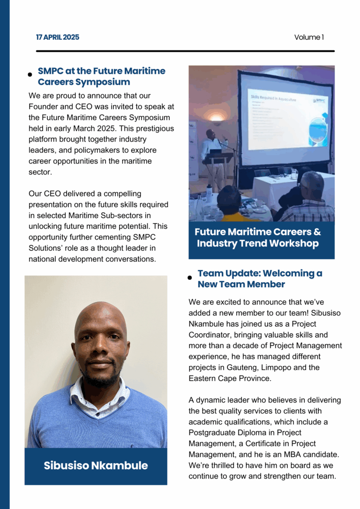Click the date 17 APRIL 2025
(58, 37)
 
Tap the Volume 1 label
(309, 37)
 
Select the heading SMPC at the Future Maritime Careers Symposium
(101, 76)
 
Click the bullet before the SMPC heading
(30, 75)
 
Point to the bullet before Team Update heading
(190, 277)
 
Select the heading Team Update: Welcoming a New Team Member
(260, 278)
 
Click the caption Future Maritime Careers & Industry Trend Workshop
(258, 238)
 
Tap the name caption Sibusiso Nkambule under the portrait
(96, 465)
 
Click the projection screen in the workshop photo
(286, 117)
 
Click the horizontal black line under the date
(185, 51)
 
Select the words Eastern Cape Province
(230, 378)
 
